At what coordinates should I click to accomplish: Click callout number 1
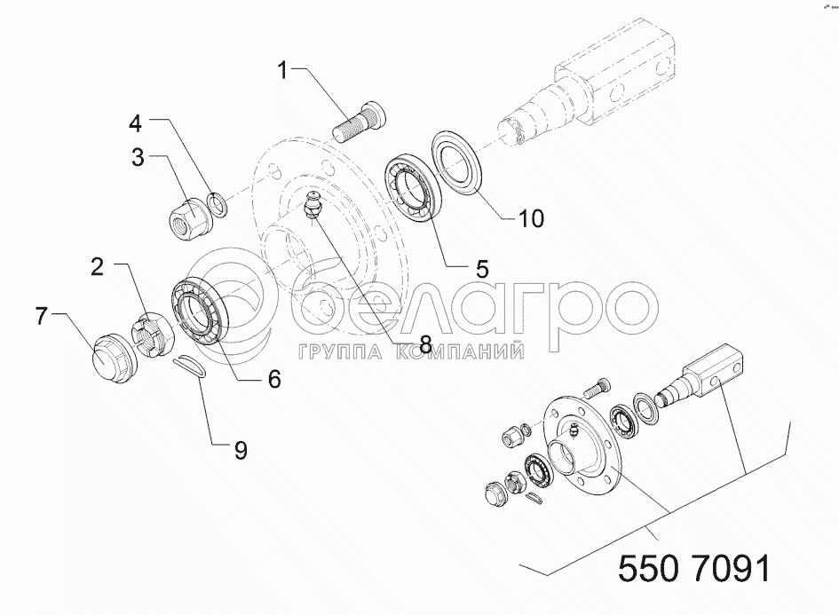point(282,69)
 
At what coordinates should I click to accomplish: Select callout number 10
point(531,218)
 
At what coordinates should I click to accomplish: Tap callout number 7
point(43,316)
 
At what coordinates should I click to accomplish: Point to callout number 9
point(241,450)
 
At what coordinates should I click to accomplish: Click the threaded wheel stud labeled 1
point(359,121)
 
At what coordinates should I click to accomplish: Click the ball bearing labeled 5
point(413,186)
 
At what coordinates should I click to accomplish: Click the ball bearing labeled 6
point(199,312)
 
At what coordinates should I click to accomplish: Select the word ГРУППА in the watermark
point(340,351)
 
